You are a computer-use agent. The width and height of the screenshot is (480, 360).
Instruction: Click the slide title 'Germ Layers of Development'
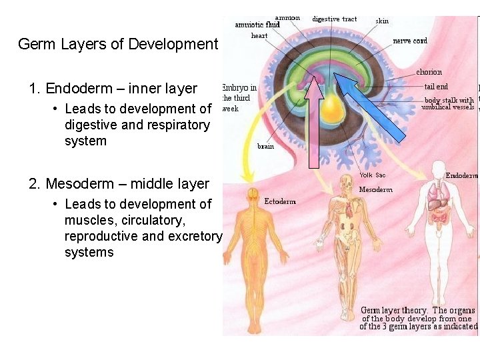(118, 45)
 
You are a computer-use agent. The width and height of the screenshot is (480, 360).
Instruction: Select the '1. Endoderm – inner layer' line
(113, 89)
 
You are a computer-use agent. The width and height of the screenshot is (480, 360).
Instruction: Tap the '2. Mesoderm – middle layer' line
(119, 184)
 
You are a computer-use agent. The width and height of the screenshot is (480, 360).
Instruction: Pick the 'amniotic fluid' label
(257, 25)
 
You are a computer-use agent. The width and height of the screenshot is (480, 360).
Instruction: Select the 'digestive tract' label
(335, 19)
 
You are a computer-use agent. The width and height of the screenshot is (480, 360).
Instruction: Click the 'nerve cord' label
(410, 41)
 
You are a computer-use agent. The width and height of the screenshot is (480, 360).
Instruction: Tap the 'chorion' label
(429, 72)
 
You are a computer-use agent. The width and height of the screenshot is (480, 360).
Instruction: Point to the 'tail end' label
(436, 87)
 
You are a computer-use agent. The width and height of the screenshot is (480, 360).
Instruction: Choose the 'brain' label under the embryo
(265, 146)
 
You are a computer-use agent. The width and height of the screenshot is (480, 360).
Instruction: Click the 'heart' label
(259, 35)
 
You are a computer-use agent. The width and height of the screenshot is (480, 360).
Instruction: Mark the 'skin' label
(382, 21)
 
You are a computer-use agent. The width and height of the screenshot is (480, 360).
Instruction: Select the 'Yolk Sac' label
(372, 175)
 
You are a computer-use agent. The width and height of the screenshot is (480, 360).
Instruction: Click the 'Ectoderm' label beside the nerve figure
(280, 201)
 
